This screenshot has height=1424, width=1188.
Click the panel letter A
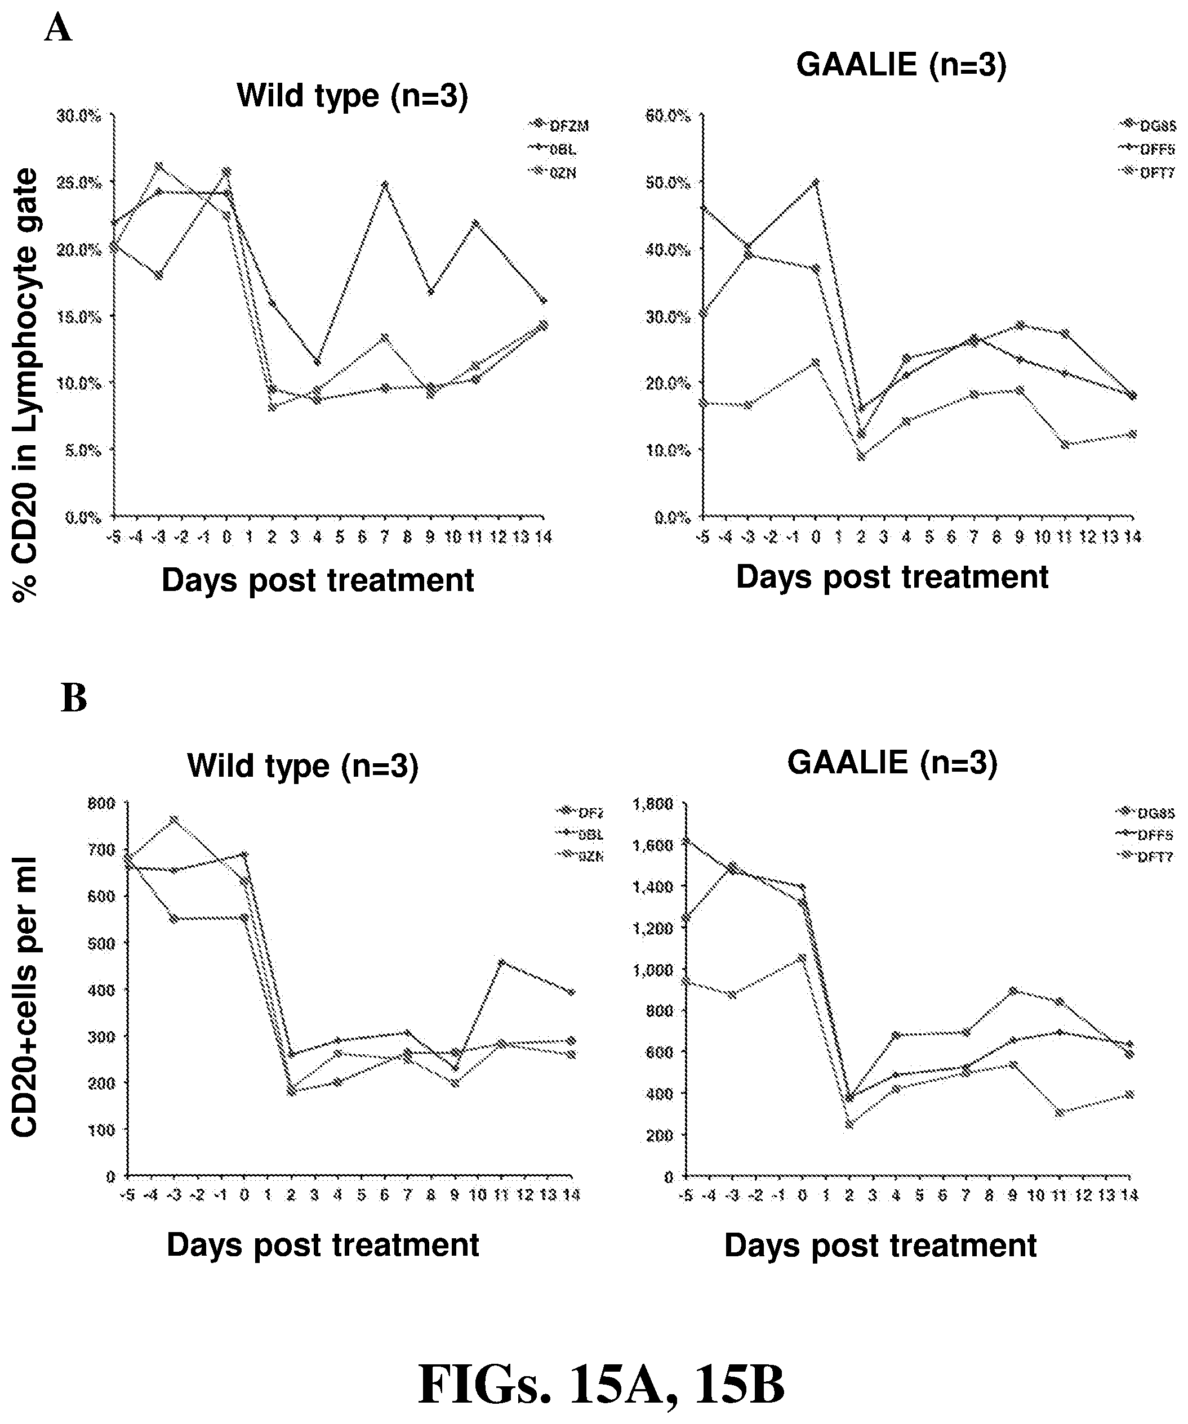[59, 29]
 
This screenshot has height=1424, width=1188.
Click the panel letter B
[74, 698]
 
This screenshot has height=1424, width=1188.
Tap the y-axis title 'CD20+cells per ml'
[25, 997]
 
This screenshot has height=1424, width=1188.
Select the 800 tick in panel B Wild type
[102, 804]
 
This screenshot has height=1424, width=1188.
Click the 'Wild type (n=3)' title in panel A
[352, 96]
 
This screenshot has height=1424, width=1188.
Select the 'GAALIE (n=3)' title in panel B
[892, 763]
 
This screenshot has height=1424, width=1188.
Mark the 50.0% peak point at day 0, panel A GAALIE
[816, 182]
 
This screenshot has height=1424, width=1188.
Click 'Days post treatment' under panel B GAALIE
[880, 1246]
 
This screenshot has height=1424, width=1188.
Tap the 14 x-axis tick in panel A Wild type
[543, 538]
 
